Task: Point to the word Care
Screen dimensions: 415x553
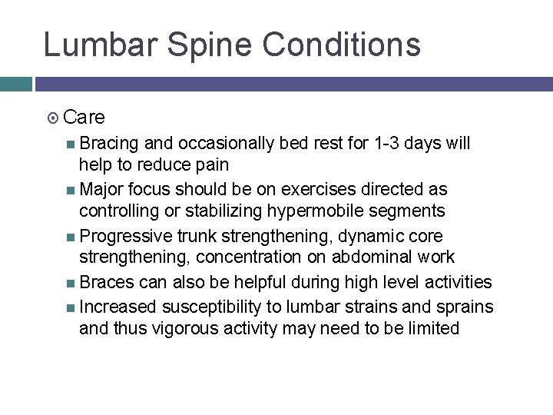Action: click(84, 118)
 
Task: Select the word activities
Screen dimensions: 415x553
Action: click(455, 283)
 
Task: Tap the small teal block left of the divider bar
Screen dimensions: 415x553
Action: click(15, 84)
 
